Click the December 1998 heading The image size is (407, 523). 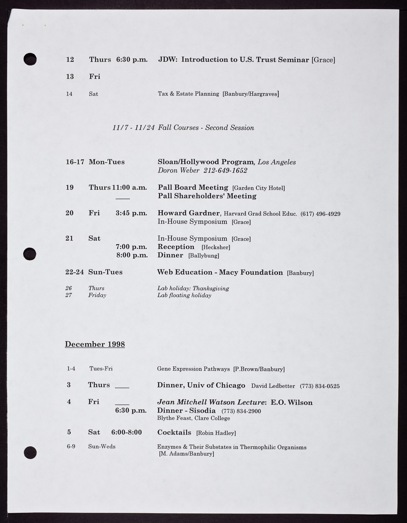point(95,344)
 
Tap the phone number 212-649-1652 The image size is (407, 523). point(225,171)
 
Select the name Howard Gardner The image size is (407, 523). point(188,213)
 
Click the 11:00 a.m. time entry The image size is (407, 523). point(129,188)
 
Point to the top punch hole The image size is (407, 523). point(30,59)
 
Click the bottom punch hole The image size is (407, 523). point(30,453)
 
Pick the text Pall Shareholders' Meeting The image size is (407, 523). point(207,196)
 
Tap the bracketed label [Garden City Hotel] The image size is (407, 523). point(258,188)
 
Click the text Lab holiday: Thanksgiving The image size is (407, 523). point(193,288)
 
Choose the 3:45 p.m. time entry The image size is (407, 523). point(131,213)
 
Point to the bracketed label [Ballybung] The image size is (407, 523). point(203,256)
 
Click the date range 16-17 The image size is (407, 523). point(75,162)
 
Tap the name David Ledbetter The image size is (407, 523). point(273,386)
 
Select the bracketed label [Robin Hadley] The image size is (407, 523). point(216,433)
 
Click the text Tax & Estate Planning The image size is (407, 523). point(188,94)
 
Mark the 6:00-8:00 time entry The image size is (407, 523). point(126,432)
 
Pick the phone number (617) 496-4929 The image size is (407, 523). point(320,214)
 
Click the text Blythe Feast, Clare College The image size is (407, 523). point(194,418)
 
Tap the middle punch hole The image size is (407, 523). point(30,254)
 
